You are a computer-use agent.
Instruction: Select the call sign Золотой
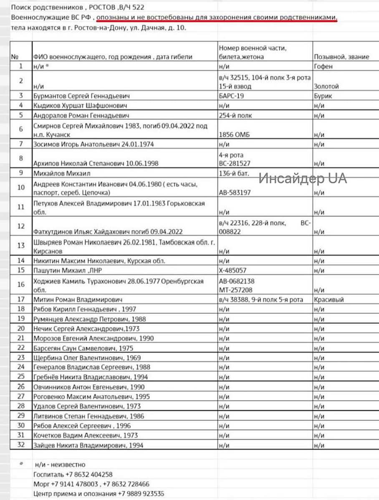pyautogui.click(x=326, y=87)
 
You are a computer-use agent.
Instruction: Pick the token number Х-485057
pyautogui.click(x=232, y=270)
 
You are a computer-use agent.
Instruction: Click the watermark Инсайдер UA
pyautogui.click(x=303, y=179)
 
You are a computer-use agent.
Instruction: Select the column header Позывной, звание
pyautogui.click(x=341, y=57)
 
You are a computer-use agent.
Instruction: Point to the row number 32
pyautogui.click(x=21, y=445)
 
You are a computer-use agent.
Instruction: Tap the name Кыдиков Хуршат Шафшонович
pyautogui.click(x=80, y=106)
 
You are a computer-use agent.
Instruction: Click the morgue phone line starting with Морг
pyautogui.click(x=91, y=484)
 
